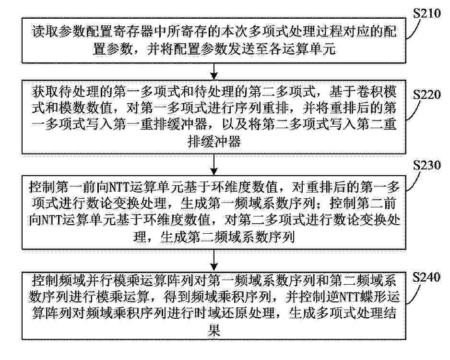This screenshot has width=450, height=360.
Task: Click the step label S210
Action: [x=427, y=14]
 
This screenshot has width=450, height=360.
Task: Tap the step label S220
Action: [x=427, y=95]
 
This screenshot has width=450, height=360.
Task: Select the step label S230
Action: [x=427, y=165]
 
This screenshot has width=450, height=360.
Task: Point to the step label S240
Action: [x=426, y=277]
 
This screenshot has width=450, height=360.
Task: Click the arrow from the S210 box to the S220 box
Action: [x=214, y=71]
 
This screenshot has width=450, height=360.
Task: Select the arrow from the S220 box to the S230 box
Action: [x=214, y=165]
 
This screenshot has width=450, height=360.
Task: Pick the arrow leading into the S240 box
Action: [x=214, y=260]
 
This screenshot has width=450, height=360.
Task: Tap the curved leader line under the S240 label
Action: [x=413, y=293]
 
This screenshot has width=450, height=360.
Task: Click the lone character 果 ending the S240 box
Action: [x=214, y=330]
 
